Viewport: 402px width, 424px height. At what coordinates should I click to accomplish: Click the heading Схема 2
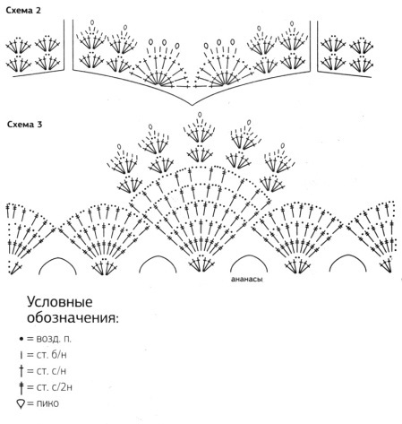(x=23, y=11)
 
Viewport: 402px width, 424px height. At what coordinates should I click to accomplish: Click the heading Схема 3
(x=25, y=125)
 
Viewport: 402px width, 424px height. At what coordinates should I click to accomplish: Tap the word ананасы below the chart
(x=247, y=280)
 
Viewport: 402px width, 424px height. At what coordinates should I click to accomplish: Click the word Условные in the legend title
(x=60, y=302)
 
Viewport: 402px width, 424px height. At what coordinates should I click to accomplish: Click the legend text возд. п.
(x=54, y=339)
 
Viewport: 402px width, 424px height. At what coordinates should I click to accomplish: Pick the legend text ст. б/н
(x=51, y=355)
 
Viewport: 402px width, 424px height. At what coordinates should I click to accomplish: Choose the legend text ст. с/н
(x=51, y=371)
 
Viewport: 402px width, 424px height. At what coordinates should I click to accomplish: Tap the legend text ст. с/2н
(x=54, y=387)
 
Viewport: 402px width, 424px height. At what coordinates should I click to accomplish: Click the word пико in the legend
(x=47, y=403)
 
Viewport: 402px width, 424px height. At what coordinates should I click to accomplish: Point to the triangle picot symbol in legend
(x=21, y=404)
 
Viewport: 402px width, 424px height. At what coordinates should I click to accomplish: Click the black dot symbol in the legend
(x=21, y=339)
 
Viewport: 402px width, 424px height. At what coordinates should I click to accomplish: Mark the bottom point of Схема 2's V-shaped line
(x=192, y=105)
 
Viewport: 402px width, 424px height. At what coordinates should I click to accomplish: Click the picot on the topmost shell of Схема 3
(x=200, y=115)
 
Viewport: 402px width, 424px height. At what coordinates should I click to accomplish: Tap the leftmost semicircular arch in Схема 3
(x=57, y=257)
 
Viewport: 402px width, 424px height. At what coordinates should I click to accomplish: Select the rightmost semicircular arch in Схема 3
(x=348, y=255)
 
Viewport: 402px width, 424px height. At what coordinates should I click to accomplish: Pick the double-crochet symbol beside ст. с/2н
(x=21, y=388)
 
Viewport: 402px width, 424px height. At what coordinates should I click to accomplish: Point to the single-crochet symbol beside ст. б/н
(x=21, y=355)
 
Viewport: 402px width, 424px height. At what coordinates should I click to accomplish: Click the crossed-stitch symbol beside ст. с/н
(x=21, y=371)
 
